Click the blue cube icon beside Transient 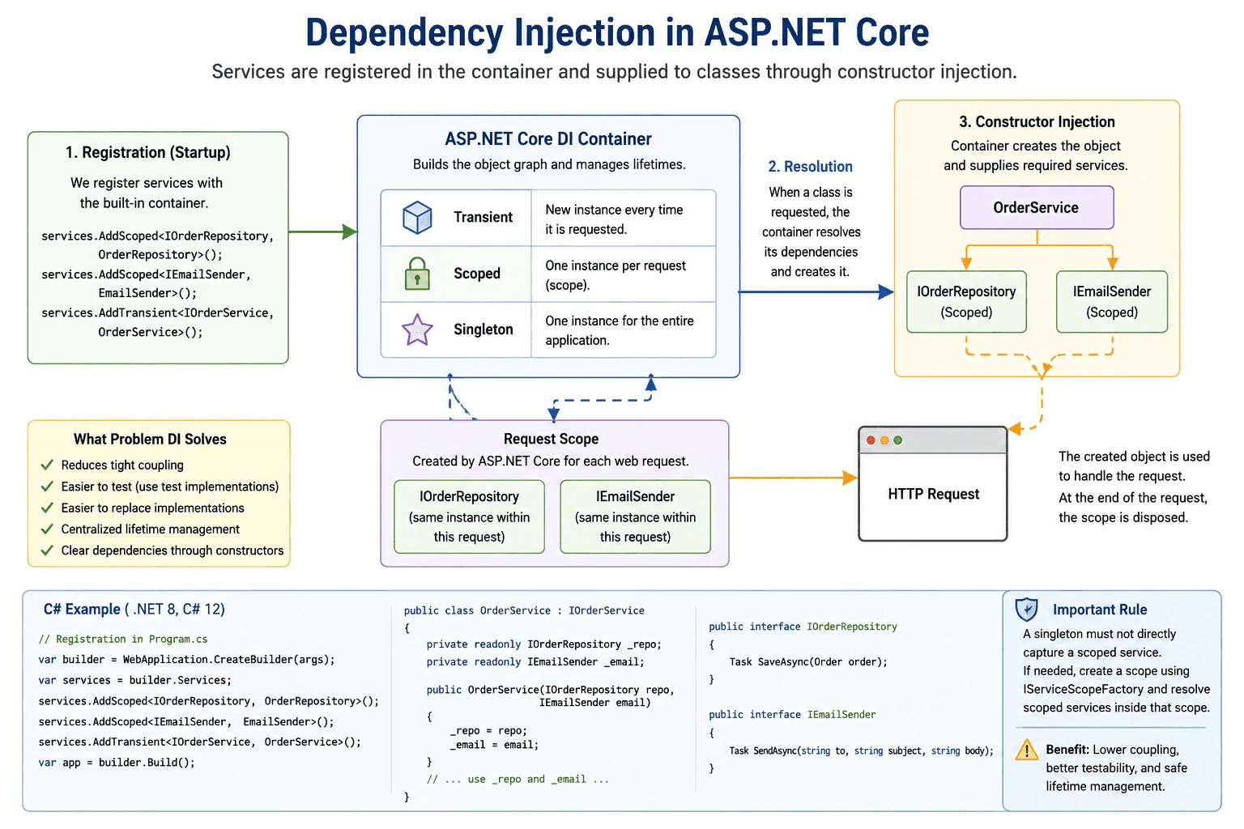[x=417, y=217]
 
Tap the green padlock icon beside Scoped [x=417, y=274]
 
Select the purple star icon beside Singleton [x=417, y=329]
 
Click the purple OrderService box [x=1037, y=208]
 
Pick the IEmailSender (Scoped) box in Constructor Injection [x=1112, y=301]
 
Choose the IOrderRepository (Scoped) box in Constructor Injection [x=966, y=301]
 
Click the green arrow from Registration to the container [x=323, y=232]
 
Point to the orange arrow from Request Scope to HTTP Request [x=793, y=478]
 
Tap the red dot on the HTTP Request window [x=871, y=440]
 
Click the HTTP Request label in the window [x=934, y=494]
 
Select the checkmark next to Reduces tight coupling [x=47, y=464]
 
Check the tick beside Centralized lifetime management [x=47, y=529]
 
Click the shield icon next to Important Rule [x=1026, y=609]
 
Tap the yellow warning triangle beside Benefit [x=1027, y=750]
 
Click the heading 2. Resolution [x=810, y=167]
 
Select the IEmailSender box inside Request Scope [x=635, y=517]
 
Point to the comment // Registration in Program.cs [x=123, y=639]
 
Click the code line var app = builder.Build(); [x=117, y=763]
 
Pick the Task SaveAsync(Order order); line [x=808, y=662]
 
